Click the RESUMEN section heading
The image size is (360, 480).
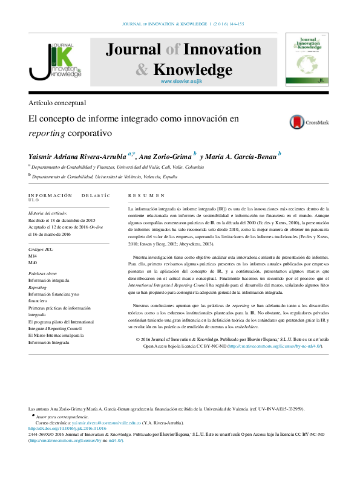click(146, 196)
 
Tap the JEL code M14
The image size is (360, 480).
click(33, 257)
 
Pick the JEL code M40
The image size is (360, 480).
click(33, 264)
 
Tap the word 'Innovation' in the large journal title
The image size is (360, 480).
click(221, 50)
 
